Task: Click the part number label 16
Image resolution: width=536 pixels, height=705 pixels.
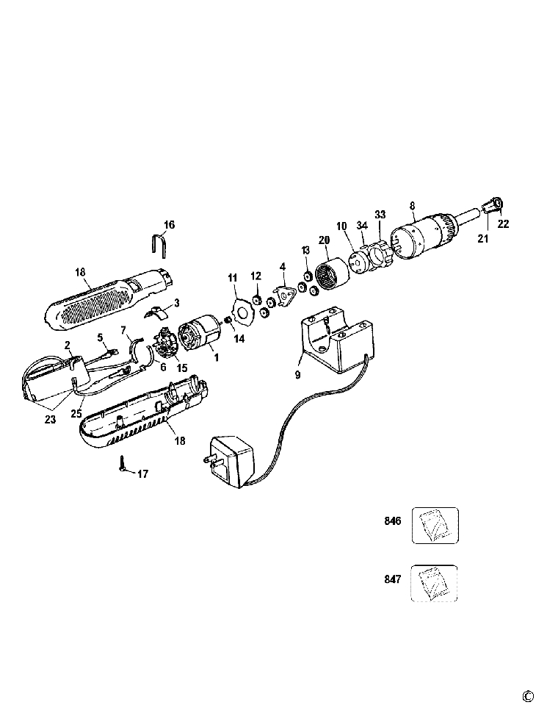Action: coord(170,223)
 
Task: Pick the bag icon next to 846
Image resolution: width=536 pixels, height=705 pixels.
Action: coord(435,526)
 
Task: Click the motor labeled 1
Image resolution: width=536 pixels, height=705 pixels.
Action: coord(199,332)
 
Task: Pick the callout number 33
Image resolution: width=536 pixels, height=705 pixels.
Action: coord(380,214)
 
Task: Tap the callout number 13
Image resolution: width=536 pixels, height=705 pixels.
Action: coord(305,251)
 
